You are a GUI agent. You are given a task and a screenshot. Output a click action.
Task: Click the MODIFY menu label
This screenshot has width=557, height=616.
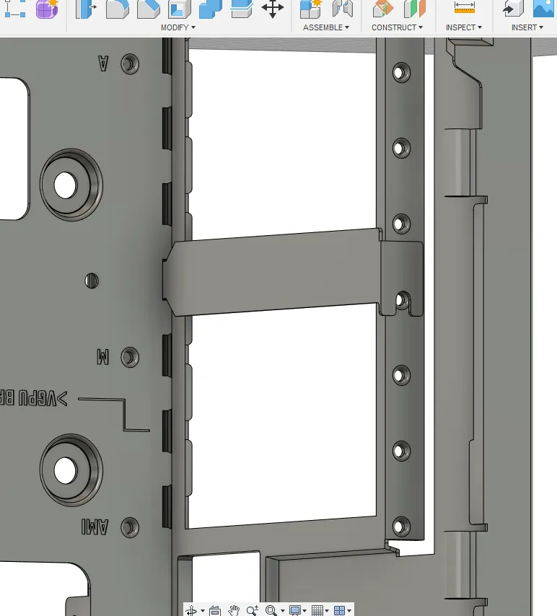click(x=175, y=27)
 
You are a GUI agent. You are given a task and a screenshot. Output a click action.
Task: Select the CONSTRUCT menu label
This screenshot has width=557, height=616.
click(x=394, y=27)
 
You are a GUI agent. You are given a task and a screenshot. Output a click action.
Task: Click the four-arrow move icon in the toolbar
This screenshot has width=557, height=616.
click(x=272, y=9)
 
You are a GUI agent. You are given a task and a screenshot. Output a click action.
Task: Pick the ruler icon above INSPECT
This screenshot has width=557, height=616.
click(x=464, y=7)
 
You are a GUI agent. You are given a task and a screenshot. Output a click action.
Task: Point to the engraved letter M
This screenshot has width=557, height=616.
click(x=102, y=356)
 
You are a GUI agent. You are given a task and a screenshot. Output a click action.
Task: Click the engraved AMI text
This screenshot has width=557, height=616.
click(x=95, y=527)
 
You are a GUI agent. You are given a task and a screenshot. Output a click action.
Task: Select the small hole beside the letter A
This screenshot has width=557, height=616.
click(x=130, y=63)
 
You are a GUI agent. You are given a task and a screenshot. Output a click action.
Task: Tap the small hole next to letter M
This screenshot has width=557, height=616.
click(x=130, y=356)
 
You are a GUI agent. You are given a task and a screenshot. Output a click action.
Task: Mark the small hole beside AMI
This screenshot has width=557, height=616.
click(x=130, y=527)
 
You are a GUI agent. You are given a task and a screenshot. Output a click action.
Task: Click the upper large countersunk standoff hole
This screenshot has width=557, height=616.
click(x=66, y=185)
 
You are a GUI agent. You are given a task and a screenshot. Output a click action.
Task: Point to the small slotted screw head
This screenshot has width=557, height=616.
click(x=92, y=280)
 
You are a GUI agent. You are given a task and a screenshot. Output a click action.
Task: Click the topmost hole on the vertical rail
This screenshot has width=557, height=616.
click(x=400, y=72)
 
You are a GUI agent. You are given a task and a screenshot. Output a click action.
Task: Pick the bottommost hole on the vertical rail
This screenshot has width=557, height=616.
click(x=400, y=524)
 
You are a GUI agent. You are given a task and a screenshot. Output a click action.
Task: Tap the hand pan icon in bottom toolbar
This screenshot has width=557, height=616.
click(x=233, y=610)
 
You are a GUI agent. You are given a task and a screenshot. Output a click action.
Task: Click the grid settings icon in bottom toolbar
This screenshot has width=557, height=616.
click(x=316, y=610)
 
